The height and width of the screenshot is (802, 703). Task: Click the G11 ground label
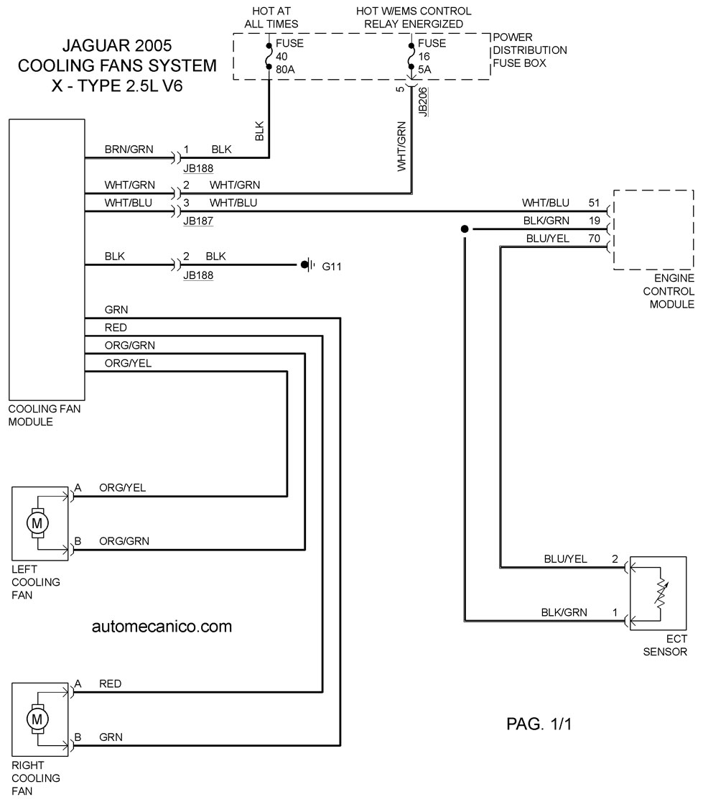(332, 267)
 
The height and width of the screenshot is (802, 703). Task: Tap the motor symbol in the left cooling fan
(37, 523)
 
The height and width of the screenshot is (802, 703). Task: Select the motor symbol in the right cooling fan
(37, 719)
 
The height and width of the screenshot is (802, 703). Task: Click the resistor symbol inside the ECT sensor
(662, 594)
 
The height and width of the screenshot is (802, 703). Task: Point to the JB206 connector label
(422, 102)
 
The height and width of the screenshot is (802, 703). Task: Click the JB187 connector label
(198, 221)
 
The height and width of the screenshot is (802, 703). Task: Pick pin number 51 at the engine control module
(594, 203)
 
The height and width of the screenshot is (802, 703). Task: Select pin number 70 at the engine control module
(594, 239)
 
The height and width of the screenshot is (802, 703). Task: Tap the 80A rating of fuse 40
(285, 70)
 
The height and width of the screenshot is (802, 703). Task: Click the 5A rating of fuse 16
(424, 70)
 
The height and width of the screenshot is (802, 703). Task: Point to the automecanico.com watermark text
(162, 627)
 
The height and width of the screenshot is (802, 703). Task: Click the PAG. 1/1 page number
(539, 724)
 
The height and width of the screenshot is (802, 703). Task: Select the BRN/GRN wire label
(129, 149)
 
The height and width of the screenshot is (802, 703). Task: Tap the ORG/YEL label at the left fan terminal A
(123, 488)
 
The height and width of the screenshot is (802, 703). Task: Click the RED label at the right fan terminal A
(111, 684)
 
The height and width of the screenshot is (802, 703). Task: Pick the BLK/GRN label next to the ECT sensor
(564, 612)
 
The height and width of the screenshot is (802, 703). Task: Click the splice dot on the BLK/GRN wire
(465, 229)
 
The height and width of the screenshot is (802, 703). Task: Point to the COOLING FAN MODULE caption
(45, 415)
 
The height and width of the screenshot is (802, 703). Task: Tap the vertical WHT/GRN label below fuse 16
(401, 147)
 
